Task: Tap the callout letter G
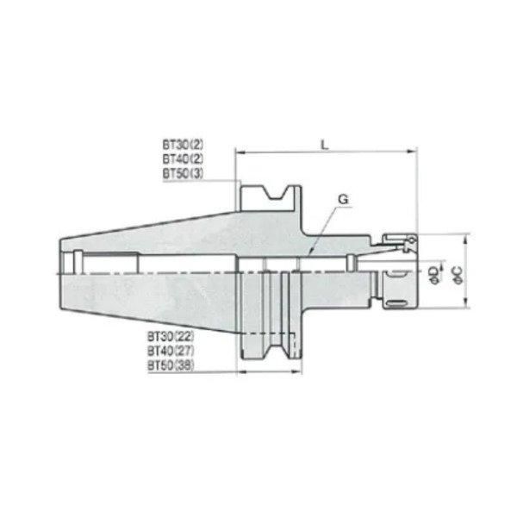coord(342,199)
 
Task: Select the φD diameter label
coord(433,273)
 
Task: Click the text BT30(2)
coord(183,146)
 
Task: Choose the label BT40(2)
coord(183,160)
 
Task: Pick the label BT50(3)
coord(183,174)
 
